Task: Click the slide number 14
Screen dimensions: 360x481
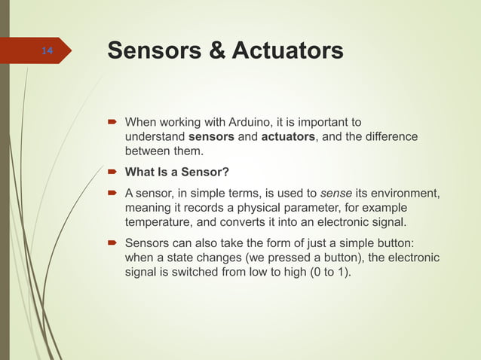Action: (x=47, y=51)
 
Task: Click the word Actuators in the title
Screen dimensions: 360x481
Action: (x=287, y=51)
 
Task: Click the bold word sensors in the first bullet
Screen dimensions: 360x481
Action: (x=211, y=138)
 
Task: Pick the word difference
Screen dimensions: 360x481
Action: (x=388, y=138)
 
